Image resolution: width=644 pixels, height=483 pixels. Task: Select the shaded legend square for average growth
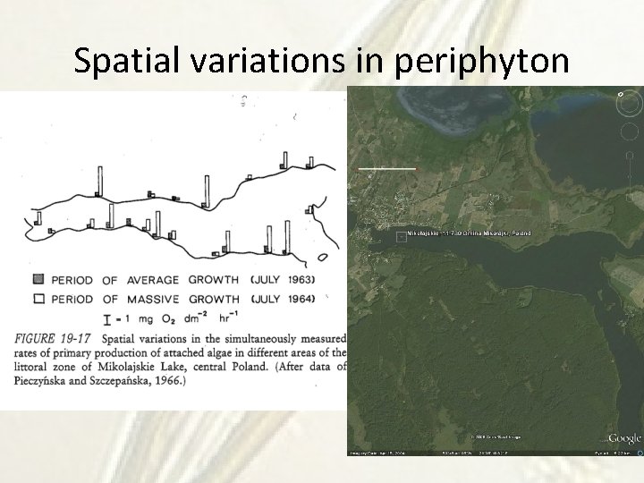(38, 279)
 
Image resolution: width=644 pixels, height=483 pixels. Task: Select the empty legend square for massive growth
(38, 298)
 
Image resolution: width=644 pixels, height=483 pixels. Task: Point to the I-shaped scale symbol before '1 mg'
(108, 318)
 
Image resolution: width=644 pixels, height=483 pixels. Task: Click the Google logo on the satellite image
(624, 438)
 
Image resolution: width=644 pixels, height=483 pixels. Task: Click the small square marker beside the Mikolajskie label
(401, 236)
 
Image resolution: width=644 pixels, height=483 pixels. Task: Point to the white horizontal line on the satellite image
(387, 167)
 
